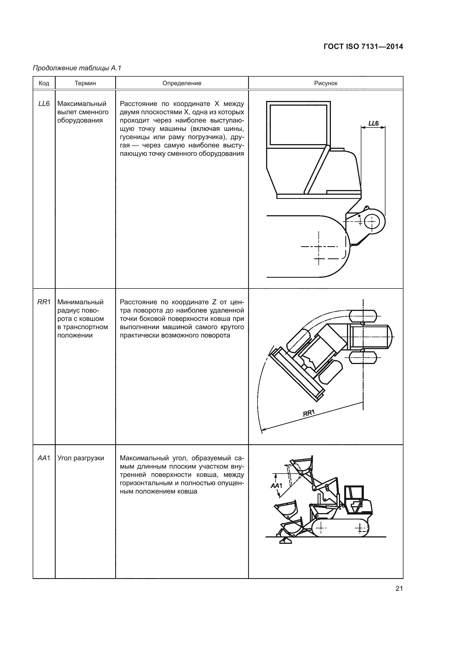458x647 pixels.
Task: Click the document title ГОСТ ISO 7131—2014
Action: pos(363,46)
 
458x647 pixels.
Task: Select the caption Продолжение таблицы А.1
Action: pos(77,68)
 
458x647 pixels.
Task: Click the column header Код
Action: pos(44,83)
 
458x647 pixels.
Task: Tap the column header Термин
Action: pos(85,83)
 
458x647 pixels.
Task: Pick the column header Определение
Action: pos(182,83)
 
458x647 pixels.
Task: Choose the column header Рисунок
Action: pos(326,83)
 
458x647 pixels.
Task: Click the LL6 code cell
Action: pos(44,104)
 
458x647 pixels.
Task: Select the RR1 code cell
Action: pos(44,302)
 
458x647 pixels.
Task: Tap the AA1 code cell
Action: pos(44,458)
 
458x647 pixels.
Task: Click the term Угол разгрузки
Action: pos(81,458)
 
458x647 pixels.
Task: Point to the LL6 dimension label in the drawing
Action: pos(373,123)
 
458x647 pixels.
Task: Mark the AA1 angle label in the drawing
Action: pos(276,485)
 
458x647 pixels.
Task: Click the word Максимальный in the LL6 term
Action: pos(82,104)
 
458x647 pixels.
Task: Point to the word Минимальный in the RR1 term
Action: pos(80,302)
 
